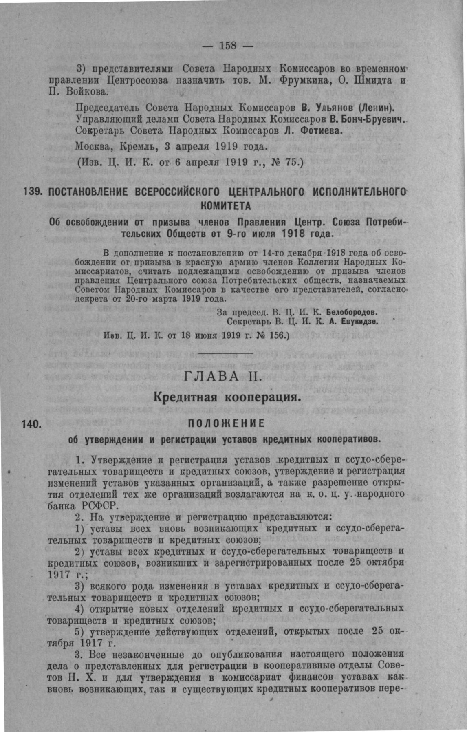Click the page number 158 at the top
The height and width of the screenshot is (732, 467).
click(x=228, y=46)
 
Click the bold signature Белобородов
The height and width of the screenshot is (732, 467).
click(x=351, y=313)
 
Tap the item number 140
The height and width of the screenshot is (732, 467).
click(x=32, y=424)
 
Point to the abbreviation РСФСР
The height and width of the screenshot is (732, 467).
click(x=101, y=506)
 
